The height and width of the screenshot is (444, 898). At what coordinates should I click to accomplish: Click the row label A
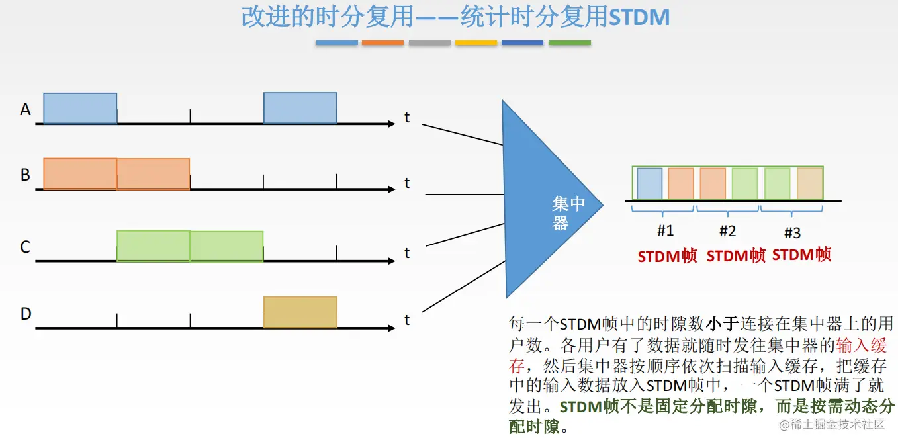(x=26, y=109)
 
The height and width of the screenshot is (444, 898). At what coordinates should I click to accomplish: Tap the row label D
(x=26, y=314)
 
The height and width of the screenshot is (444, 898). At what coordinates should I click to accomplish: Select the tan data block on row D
(x=300, y=312)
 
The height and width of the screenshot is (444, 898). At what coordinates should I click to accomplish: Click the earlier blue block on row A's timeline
(x=80, y=108)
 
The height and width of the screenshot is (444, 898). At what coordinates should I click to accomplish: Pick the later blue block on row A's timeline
(x=300, y=108)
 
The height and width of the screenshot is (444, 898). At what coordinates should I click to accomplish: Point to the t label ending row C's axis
(x=407, y=253)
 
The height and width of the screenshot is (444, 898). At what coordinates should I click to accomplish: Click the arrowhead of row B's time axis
(x=391, y=189)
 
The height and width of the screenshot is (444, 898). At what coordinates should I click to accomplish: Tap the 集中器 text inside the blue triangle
(x=568, y=213)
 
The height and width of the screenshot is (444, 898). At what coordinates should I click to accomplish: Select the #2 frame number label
(x=727, y=231)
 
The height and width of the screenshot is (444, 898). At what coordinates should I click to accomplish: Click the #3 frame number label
(x=792, y=232)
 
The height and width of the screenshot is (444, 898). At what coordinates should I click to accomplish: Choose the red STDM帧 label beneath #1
(x=667, y=257)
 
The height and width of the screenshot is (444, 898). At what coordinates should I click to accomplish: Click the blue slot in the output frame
(x=649, y=183)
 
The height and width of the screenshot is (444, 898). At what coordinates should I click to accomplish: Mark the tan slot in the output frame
(x=809, y=183)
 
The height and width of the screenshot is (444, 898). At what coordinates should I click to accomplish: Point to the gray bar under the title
(x=429, y=43)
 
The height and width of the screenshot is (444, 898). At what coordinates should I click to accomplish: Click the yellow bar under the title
(x=476, y=43)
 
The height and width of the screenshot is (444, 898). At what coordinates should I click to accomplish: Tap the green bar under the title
(x=569, y=43)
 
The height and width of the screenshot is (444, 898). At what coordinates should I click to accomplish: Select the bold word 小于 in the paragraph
(x=721, y=324)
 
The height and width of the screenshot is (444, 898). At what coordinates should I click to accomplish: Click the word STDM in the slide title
(x=639, y=18)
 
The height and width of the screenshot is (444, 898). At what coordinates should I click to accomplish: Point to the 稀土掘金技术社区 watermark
(x=832, y=424)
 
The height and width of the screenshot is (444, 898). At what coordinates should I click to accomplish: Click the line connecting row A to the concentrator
(x=462, y=134)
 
